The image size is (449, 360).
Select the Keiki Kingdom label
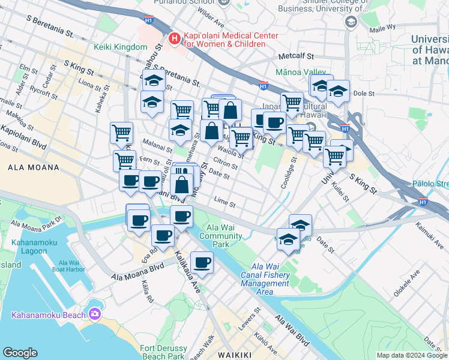(x=120, y=47)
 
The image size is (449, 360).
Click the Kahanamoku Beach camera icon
(x=94, y=314)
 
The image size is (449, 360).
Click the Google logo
(x=20, y=353)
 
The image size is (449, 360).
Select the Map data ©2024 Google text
(x=411, y=355)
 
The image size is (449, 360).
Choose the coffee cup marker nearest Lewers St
(x=202, y=262)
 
